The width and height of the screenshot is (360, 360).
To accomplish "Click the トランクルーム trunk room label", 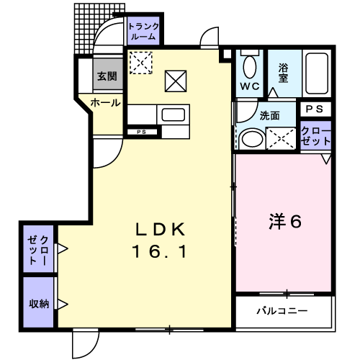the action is tap(143, 31).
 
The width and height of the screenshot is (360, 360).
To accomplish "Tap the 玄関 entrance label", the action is tap(107, 76).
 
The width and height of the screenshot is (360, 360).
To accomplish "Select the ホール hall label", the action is tap(105, 103).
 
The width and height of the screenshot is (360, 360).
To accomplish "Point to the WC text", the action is tap(250, 86).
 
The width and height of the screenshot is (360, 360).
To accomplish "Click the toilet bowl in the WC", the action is tap(250, 67).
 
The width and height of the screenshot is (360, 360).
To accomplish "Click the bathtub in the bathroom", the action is tap(317, 73).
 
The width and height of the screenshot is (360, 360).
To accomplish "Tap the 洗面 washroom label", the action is tap(270, 116).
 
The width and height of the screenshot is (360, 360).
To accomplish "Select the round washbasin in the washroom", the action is tap(252, 139).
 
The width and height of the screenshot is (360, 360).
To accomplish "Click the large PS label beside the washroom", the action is tap(315, 109).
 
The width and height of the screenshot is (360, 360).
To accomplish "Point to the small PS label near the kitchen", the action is tap(141, 132).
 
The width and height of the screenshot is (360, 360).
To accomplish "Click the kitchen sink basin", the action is tap(174, 114).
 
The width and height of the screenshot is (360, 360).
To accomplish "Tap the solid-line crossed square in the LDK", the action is tap(176, 81).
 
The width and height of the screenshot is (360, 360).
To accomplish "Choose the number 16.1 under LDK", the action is tap(160, 252).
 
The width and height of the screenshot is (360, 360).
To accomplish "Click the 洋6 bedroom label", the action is tap(285, 221).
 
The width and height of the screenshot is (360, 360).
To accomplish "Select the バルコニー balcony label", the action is tap(282, 311).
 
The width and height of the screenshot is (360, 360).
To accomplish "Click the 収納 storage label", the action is tap(39, 304).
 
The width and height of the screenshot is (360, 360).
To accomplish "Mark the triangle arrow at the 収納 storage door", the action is tap(63, 305).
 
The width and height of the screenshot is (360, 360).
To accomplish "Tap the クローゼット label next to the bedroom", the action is tap(315, 136).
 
